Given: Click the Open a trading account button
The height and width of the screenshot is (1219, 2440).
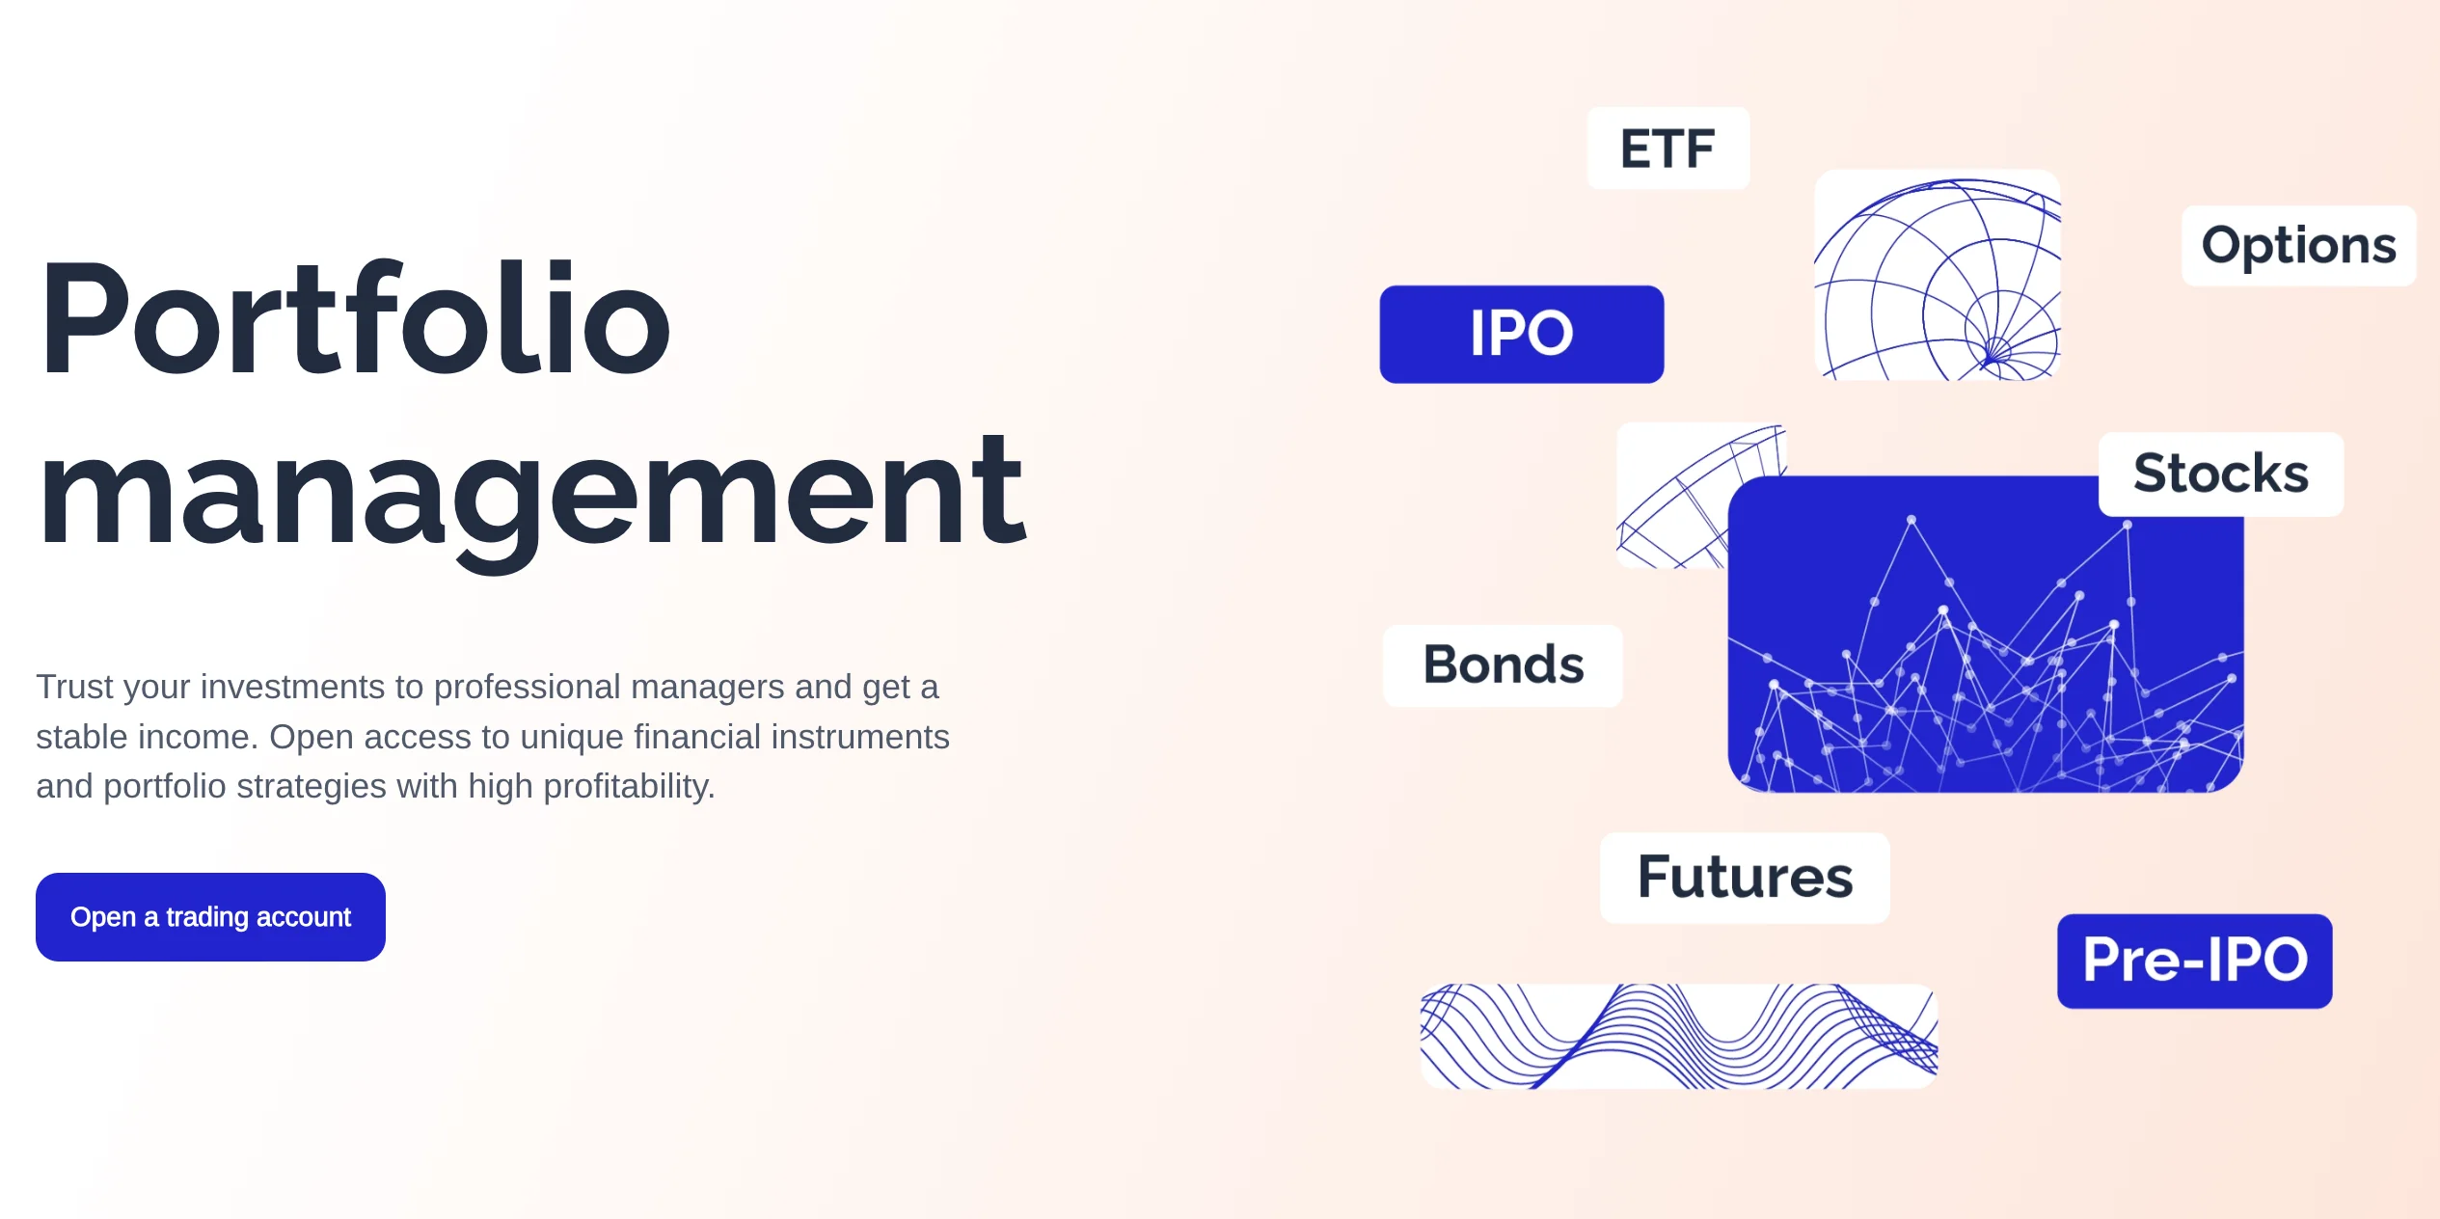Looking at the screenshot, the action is click(x=210, y=916).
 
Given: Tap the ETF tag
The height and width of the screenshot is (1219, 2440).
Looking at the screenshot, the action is click(x=1668, y=149).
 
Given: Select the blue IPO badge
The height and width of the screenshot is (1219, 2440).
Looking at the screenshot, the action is click(x=1522, y=334).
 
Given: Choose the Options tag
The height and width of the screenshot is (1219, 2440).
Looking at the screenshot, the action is click(x=2298, y=245).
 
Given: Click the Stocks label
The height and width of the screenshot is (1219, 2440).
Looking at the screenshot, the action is click(x=2221, y=474).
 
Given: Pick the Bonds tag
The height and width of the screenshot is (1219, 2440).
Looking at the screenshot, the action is click(x=1504, y=665).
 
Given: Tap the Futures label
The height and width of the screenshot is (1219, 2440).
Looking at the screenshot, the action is click(x=1745, y=878).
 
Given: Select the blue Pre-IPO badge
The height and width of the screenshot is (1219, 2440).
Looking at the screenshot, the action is click(x=2195, y=961).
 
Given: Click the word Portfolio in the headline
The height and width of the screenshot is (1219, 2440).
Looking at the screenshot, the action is click(x=354, y=319).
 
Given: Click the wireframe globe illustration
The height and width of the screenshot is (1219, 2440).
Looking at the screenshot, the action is click(x=1938, y=275).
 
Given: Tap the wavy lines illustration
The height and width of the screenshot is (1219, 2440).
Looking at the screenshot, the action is click(x=1679, y=1036).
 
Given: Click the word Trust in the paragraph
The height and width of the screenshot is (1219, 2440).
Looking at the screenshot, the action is click(x=75, y=687).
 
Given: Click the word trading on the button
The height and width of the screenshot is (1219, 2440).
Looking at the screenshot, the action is click(x=207, y=917).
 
